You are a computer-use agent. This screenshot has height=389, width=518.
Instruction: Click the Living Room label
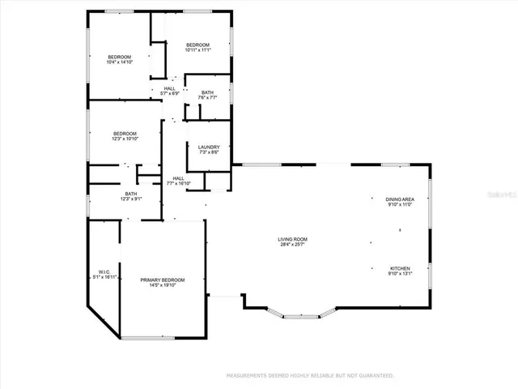click(292, 239)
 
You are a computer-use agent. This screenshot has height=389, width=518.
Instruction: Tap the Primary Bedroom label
click(162, 280)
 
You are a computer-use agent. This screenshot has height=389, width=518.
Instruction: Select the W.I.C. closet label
click(104, 272)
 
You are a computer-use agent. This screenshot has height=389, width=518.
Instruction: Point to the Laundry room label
click(209, 147)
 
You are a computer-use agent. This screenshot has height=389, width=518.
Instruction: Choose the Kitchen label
click(400, 268)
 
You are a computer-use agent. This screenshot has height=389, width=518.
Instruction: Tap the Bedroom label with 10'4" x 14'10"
click(120, 57)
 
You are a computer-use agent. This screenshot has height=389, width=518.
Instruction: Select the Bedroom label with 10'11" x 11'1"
click(197, 45)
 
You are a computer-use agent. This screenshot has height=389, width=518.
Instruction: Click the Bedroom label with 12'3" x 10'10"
click(125, 133)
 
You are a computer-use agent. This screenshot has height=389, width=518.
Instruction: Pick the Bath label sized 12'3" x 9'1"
click(130, 194)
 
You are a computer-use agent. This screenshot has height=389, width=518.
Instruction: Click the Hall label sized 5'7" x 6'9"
click(170, 88)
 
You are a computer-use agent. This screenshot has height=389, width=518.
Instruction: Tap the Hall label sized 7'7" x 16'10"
click(178, 178)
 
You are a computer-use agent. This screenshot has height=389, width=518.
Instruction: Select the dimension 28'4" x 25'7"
click(292, 245)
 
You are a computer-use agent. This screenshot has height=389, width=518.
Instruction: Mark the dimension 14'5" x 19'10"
click(162, 286)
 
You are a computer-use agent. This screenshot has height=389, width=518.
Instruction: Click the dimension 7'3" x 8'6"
click(209, 153)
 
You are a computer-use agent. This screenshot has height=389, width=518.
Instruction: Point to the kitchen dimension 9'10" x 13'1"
click(400, 274)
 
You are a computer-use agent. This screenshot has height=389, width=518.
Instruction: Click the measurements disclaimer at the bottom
click(309, 376)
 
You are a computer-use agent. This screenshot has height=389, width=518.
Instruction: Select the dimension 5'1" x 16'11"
click(104, 278)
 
